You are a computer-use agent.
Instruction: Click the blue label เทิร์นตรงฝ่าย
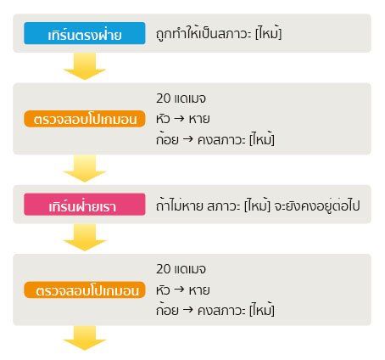85,33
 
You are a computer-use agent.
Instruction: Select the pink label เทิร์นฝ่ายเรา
85,205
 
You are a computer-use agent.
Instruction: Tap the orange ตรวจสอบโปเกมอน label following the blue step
85,119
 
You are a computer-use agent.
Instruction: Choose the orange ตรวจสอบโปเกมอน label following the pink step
85,290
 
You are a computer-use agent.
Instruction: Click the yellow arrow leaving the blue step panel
85,66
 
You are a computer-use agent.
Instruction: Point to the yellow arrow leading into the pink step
85,168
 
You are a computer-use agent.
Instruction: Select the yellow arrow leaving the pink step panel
85,238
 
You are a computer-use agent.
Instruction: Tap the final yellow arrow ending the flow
85,338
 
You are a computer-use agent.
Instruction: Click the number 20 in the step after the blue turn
164,98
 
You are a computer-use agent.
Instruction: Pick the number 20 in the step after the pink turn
164,269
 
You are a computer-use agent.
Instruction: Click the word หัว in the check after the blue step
163,119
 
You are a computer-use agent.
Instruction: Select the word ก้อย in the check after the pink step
167,310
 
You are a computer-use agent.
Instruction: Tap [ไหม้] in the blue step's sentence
268,34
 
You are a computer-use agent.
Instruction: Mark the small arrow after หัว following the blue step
179,118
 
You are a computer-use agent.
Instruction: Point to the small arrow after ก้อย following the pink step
188,310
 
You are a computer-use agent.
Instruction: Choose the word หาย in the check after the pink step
199,290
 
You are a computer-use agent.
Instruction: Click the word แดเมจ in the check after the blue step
190,98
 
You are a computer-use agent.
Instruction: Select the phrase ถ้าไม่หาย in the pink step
180,205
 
